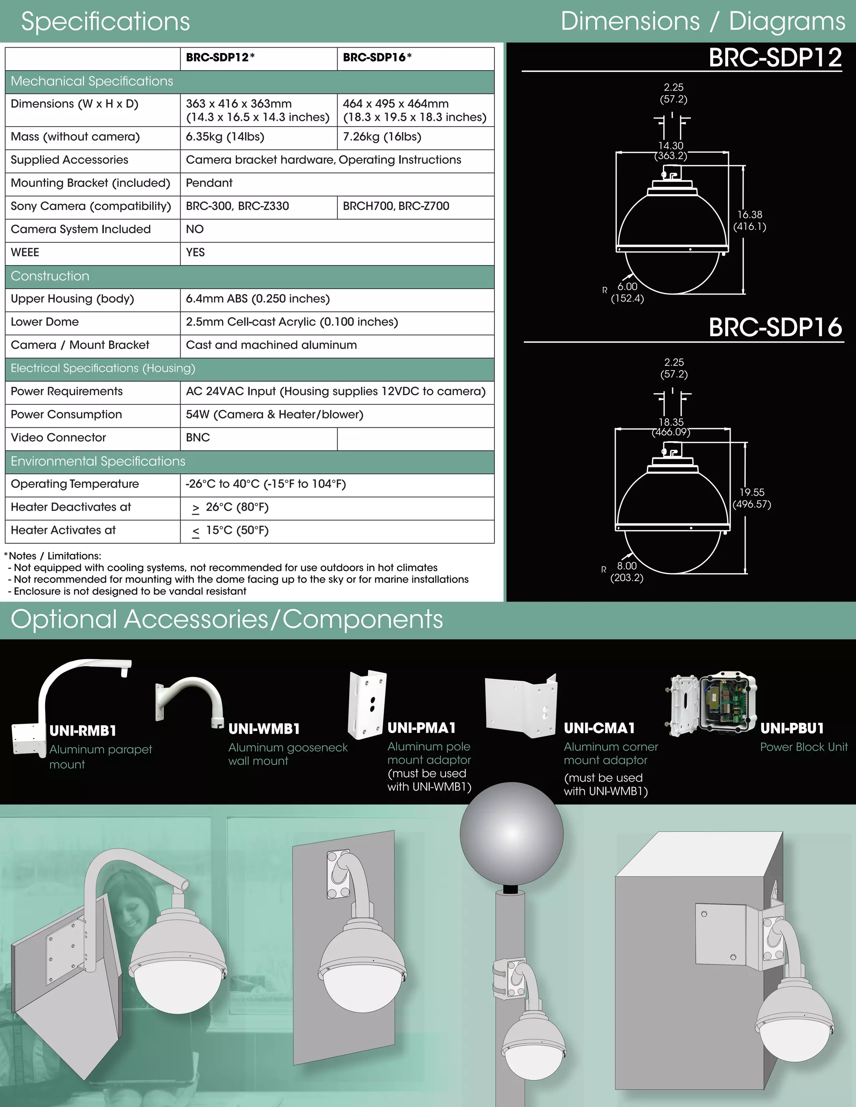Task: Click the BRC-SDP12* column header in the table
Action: [x=220, y=58]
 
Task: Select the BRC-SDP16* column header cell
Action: [x=377, y=58]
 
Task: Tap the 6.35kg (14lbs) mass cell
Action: [x=224, y=137]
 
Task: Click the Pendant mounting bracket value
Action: [x=209, y=183]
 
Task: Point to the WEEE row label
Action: [x=25, y=252]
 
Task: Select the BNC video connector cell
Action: [x=198, y=438]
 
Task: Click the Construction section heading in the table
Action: [x=50, y=276]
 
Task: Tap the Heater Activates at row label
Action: [x=63, y=531]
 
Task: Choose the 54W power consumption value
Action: [x=274, y=415]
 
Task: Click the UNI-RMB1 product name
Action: [x=83, y=731]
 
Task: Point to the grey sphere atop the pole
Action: [x=511, y=833]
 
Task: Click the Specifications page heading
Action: [x=105, y=21]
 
